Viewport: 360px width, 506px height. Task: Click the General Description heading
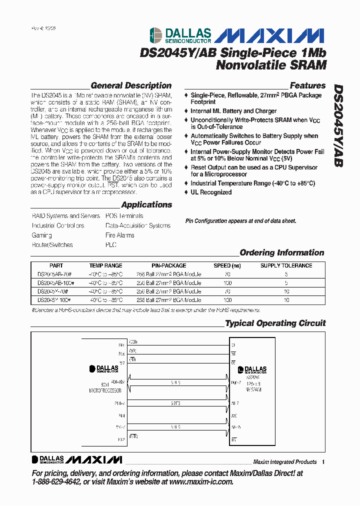pyautogui.click(x=131, y=85)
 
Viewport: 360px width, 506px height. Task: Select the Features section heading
pyautogui.click(x=307, y=85)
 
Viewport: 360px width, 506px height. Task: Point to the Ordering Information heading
pyautogui.click(x=282, y=252)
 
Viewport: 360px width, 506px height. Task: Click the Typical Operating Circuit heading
pyautogui.click(x=275, y=323)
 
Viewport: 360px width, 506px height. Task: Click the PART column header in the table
pyautogui.click(x=56, y=265)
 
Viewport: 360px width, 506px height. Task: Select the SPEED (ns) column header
pyautogui.click(x=227, y=265)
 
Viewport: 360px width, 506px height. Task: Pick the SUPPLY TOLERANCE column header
pyautogui.click(x=286, y=265)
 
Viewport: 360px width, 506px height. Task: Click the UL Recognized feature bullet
pyautogui.click(x=210, y=192)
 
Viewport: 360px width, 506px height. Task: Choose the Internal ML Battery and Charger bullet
pyautogui.click(x=233, y=111)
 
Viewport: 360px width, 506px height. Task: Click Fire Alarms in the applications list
pyautogui.click(x=119, y=235)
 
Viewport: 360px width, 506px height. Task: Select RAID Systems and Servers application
pyautogui.click(x=66, y=216)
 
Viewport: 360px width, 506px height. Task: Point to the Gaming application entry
pyautogui.click(x=42, y=235)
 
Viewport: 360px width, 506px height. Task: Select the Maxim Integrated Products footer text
pyautogui.click(x=284, y=461)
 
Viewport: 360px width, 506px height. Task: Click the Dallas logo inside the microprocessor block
pyautogui.click(x=104, y=369)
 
